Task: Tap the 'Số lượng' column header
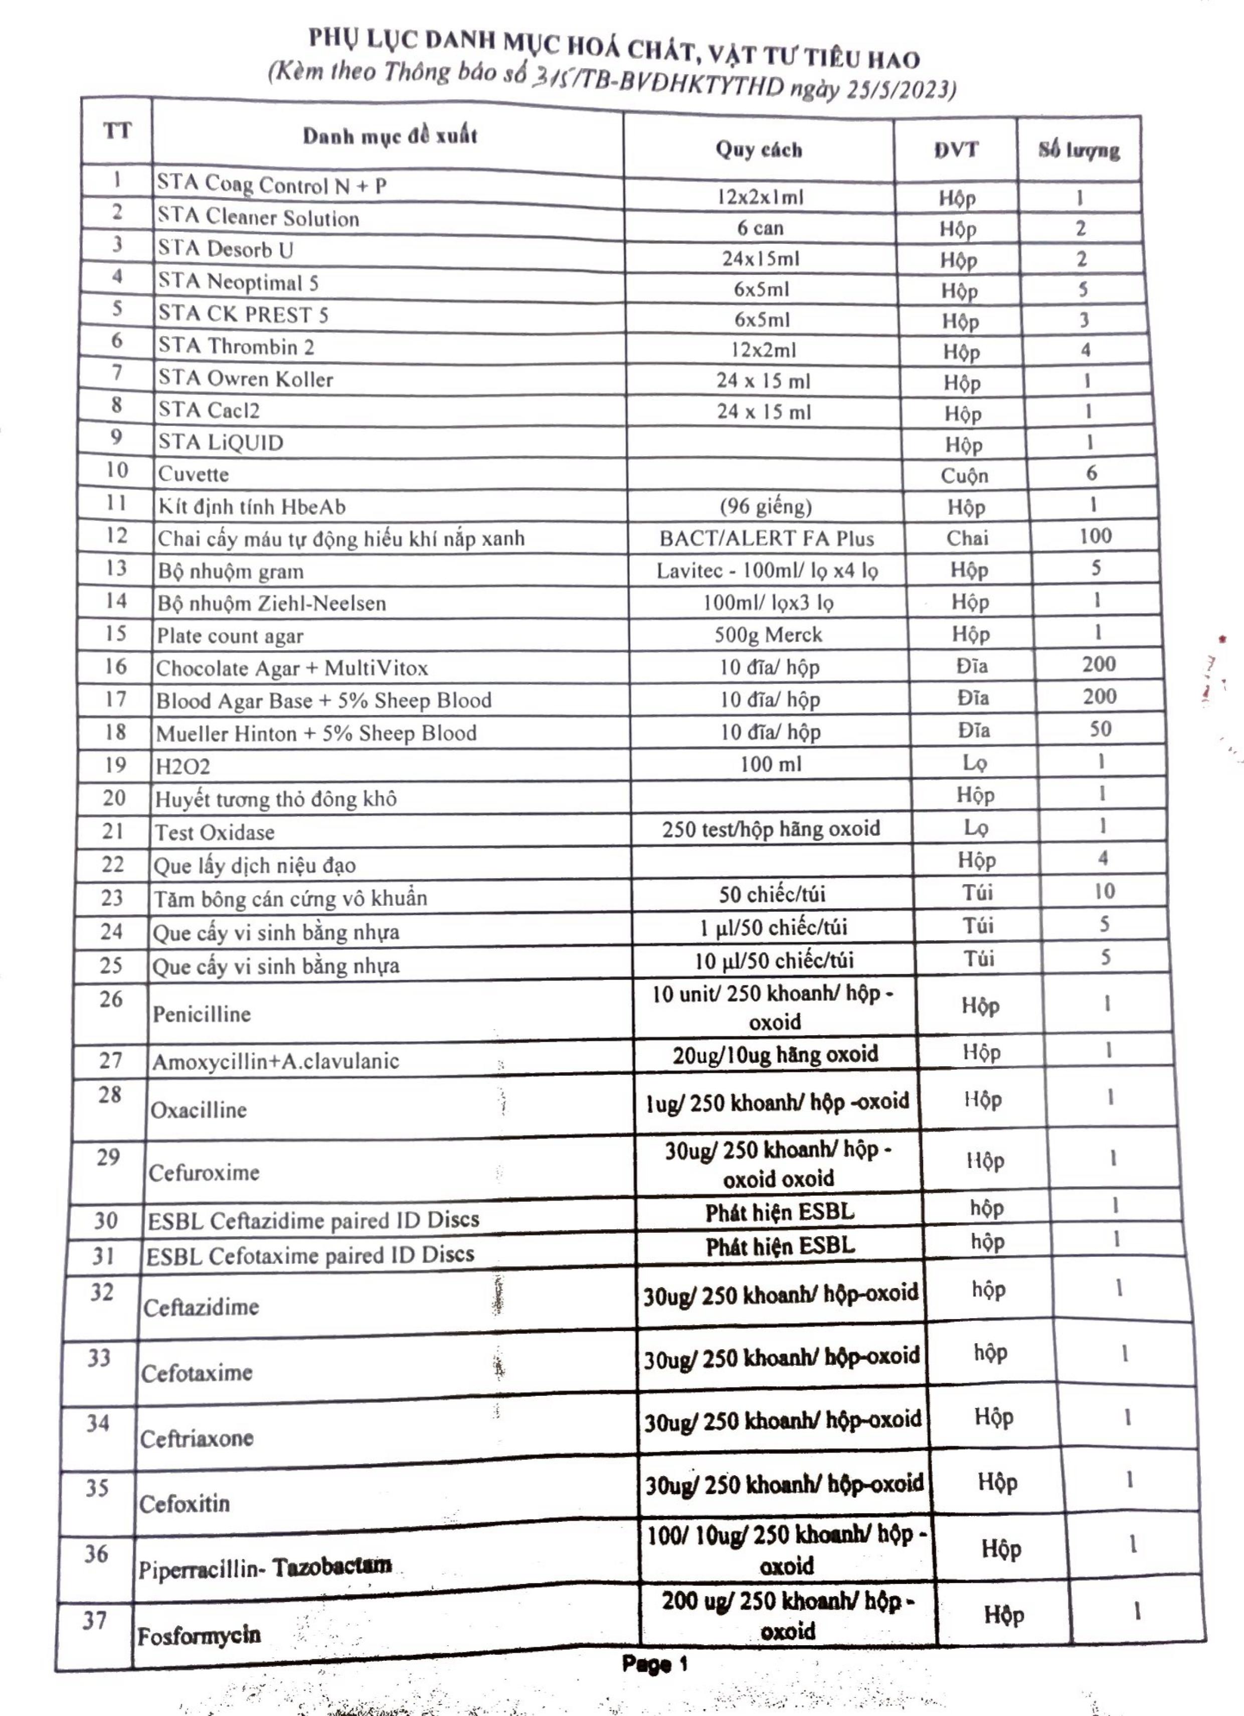1079,150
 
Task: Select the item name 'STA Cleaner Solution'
258,218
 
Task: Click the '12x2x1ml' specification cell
760,198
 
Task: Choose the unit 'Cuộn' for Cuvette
964,475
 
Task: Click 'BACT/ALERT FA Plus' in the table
766,538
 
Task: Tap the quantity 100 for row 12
1094,536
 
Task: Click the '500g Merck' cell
768,634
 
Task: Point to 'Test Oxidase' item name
215,832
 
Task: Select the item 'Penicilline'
201,1014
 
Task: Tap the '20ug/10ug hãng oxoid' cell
775,1054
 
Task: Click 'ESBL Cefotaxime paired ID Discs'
310,1255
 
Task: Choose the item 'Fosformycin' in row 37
199,1636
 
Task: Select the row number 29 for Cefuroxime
108,1158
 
